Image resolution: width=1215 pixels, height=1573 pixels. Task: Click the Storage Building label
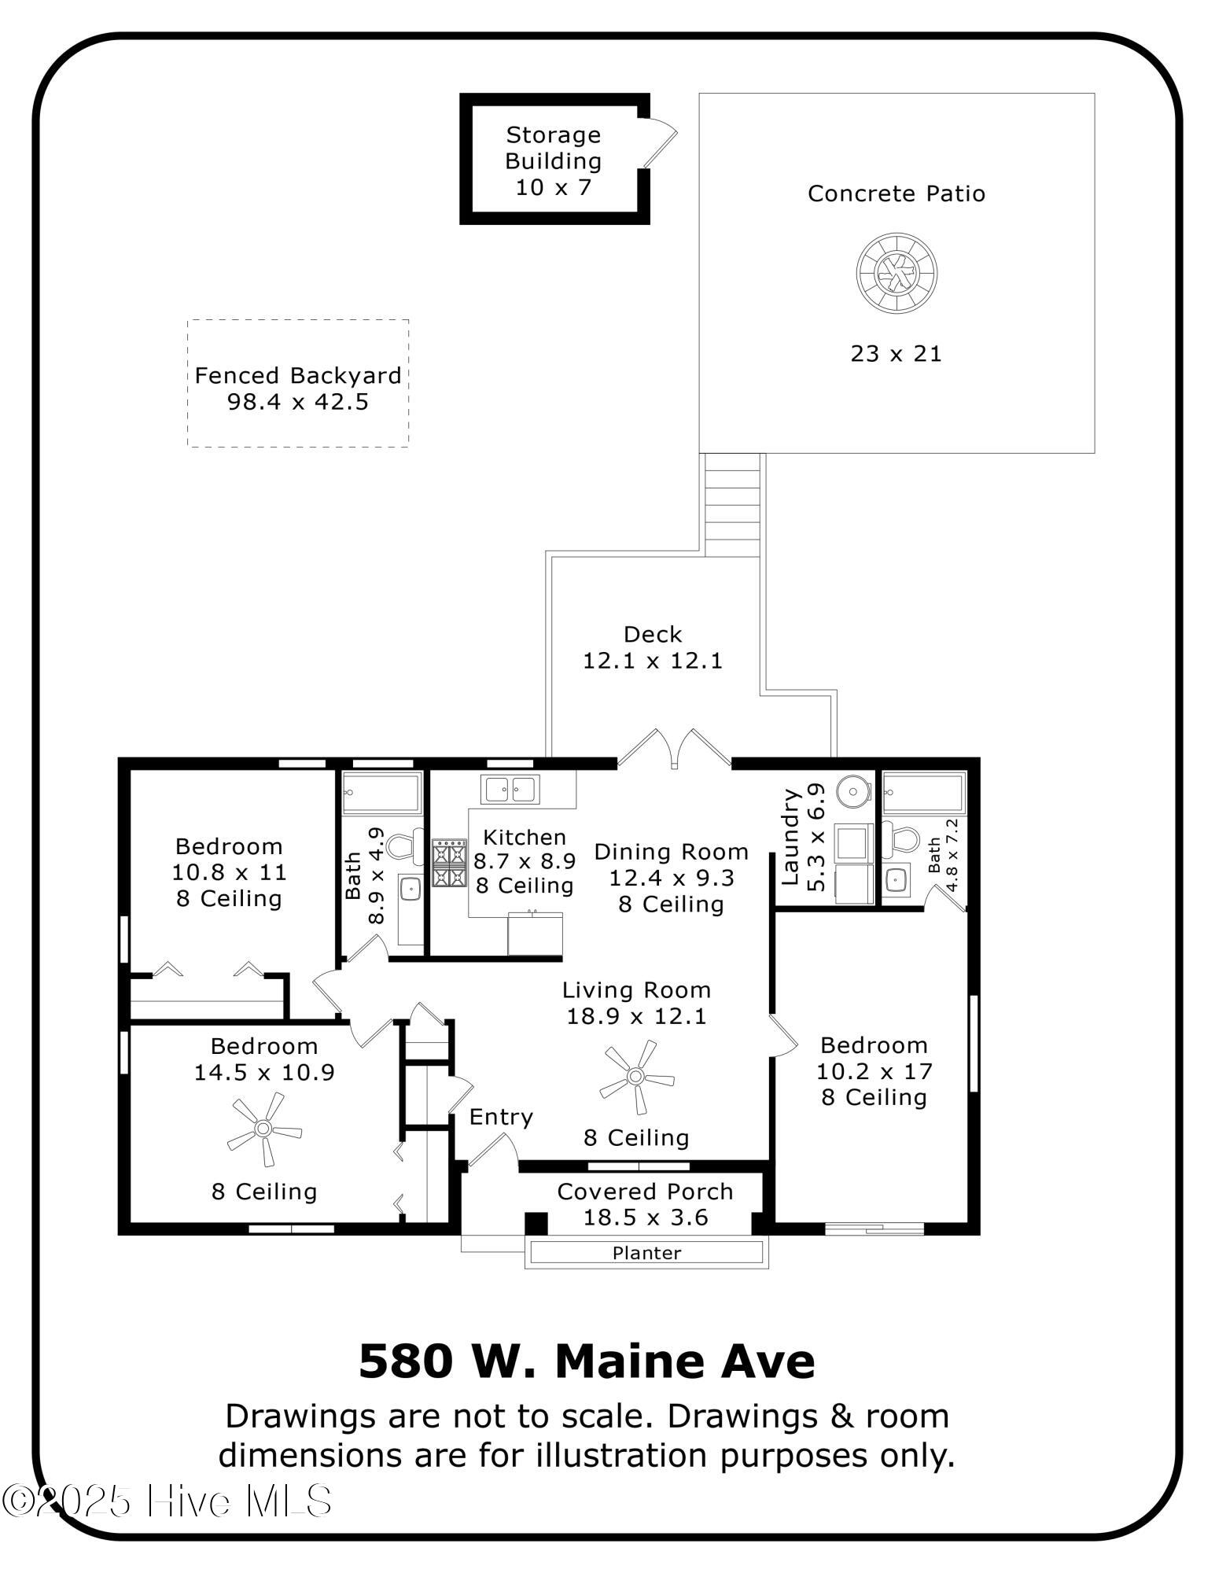[x=553, y=148]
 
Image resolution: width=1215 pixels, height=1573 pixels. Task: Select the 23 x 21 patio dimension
[x=896, y=354]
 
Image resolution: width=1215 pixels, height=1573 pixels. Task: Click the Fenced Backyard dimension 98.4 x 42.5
[x=298, y=402]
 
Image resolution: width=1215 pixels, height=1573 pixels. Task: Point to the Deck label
[x=653, y=634]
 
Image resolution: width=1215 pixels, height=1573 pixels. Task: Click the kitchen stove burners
[x=449, y=863]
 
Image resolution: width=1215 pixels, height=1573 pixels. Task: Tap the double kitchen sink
[x=510, y=789]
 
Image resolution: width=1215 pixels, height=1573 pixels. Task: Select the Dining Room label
[x=671, y=852]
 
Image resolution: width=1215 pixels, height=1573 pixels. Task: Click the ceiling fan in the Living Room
[x=636, y=1076]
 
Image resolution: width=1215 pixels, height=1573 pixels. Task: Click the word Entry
[x=501, y=1117]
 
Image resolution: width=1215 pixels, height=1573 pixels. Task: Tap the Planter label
[x=646, y=1253]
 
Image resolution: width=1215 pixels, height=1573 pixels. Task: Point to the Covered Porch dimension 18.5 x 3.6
[x=645, y=1218]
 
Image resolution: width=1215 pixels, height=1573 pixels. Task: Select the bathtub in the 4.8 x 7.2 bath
[x=924, y=794]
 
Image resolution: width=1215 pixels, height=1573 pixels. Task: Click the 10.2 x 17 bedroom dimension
[x=874, y=1071]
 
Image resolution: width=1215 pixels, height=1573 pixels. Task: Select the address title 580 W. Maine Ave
[x=587, y=1362]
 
